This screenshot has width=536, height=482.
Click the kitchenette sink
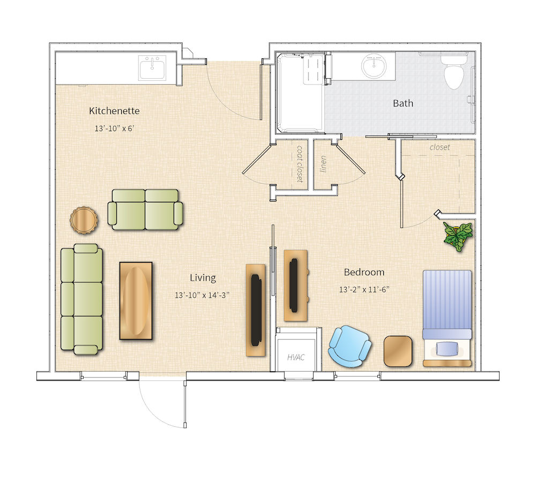152,69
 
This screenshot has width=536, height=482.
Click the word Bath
403,103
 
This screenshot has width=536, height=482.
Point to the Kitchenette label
114,111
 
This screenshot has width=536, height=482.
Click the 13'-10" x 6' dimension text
114,129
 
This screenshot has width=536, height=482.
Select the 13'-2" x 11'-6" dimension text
364,290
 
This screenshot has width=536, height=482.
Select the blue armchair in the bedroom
349,346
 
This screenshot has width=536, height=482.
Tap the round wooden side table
84,220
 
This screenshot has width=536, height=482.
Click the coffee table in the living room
136,300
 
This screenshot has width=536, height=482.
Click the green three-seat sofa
81,299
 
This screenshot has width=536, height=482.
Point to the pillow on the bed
447,349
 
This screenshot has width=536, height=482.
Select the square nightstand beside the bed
398,351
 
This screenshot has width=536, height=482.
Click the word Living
203,277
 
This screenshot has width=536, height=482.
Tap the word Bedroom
364,272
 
